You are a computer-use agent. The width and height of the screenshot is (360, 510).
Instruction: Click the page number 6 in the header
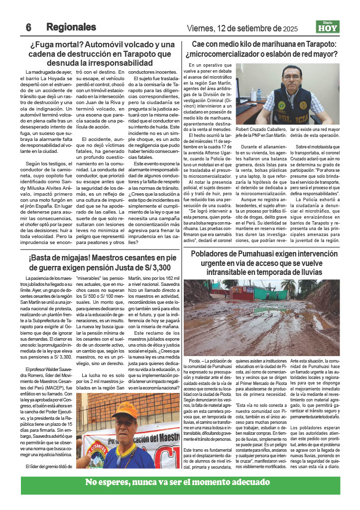coord(28,27)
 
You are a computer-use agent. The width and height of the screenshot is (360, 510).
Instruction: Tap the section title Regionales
coord(71,27)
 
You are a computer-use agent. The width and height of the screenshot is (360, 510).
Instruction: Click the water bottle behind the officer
coord(259,94)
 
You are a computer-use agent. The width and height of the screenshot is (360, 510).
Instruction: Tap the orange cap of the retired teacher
coord(124,409)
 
